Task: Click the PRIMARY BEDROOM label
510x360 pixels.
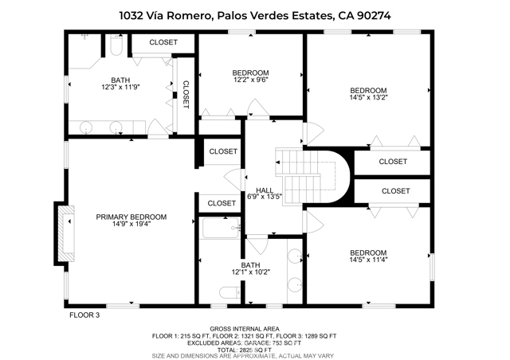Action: tap(131, 217)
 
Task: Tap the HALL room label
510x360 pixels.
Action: tap(265, 190)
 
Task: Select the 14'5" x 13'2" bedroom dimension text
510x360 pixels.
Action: tap(368, 97)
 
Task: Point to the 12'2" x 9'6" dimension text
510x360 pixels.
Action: tap(250, 80)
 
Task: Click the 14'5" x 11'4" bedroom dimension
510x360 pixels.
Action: tap(368, 260)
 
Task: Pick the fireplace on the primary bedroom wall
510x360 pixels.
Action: tap(65, 233)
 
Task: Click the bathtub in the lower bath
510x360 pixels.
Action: tap(221, 229)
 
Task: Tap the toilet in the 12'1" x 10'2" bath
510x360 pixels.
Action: tap(230, 292)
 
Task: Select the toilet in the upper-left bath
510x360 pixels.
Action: tap(116, 46)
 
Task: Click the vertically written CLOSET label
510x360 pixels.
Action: tap(186, 95)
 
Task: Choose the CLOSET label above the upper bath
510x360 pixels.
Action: tap(163, 42)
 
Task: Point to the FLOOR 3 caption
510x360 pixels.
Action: tap(84, 315)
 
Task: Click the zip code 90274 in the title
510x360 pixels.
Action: tap(374, 15)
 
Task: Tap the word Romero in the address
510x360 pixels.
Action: tap(190, 15)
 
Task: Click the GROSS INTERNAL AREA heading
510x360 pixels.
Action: tap(245, 329)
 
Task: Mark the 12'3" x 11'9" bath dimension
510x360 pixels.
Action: tap(120, 87)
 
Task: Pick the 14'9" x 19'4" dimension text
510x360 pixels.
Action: tap(131, 224)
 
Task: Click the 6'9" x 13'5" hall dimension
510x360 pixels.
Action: tap(265, 197)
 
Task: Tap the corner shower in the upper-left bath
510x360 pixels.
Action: tap(84, 51)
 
